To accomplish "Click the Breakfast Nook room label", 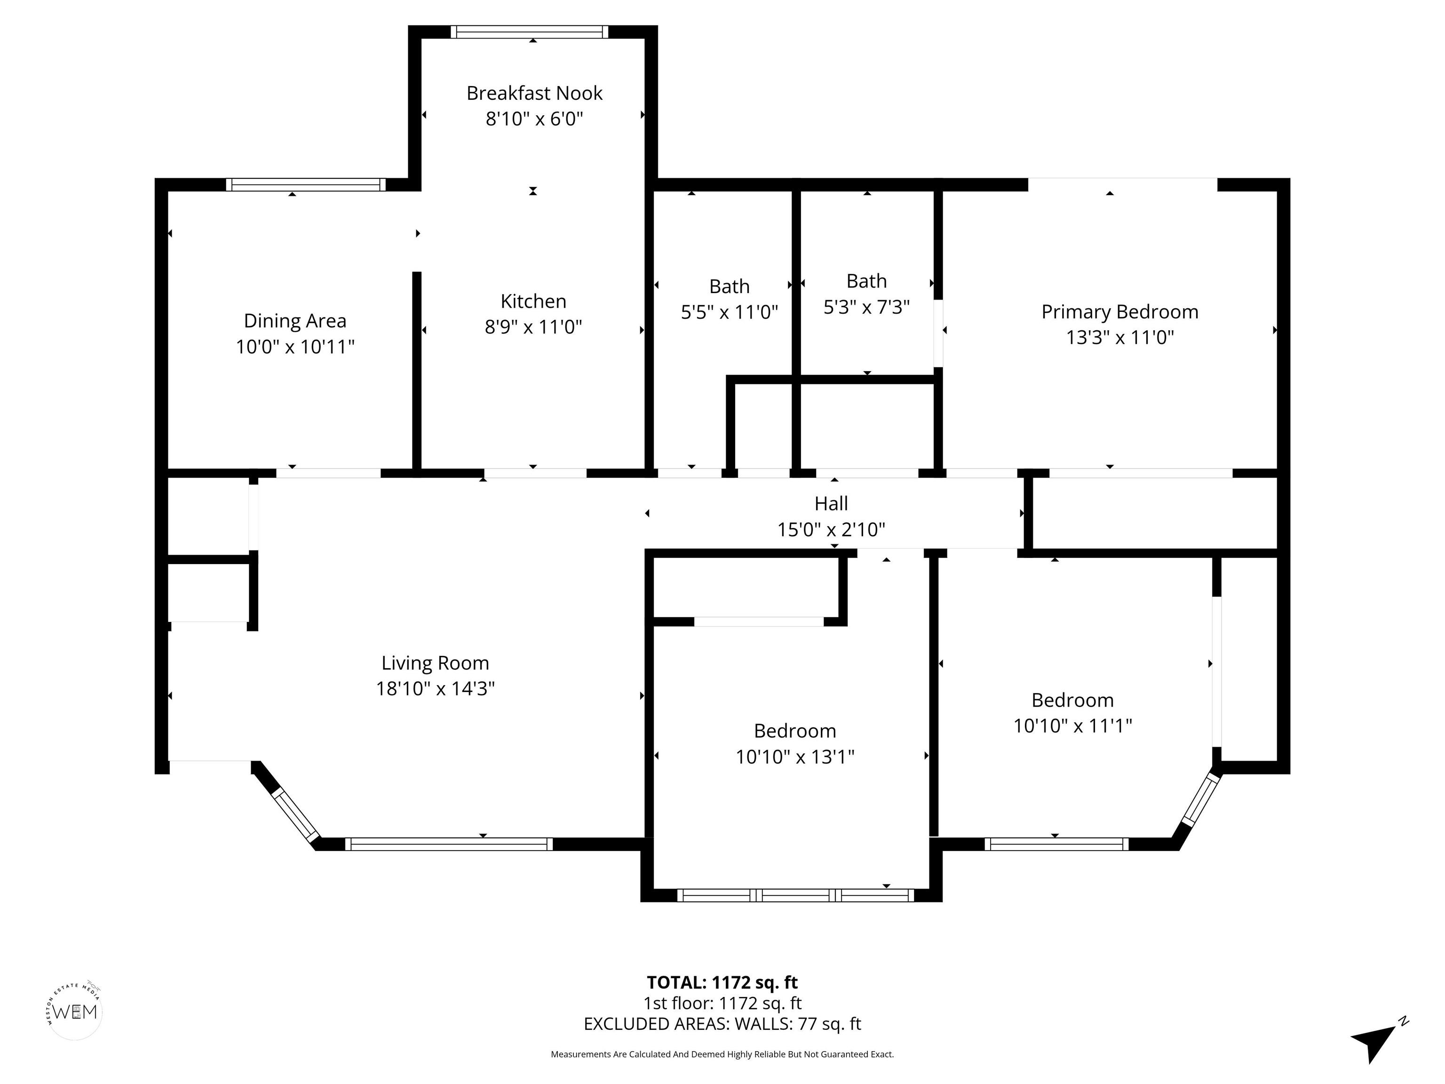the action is coord(534,94).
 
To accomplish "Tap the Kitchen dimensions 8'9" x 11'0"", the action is coord(533,326).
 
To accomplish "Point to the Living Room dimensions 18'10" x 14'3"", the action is coord(435,689).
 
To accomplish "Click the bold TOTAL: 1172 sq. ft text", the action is coord(722,983).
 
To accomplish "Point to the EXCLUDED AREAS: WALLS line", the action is coord(722,1024).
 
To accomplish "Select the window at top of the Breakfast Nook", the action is coord(529,32).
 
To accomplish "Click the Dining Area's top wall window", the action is coord(306,185).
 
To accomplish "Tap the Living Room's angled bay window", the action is coord(294,814).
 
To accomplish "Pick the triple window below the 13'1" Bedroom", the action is coord(795,895).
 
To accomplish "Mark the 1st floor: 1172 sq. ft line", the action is coord(722,1003).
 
